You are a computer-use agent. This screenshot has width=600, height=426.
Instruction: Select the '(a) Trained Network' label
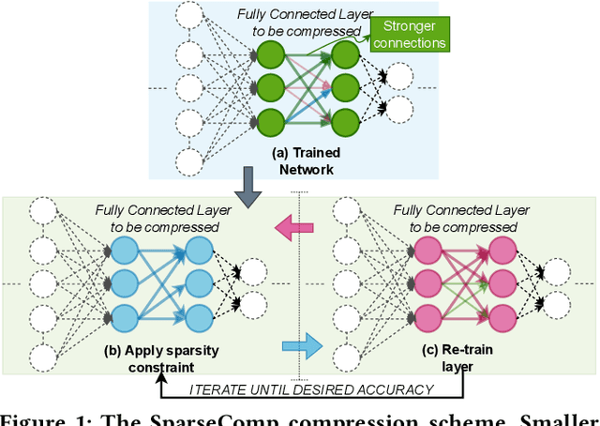306,160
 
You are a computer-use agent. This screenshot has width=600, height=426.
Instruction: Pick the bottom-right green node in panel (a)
346,121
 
